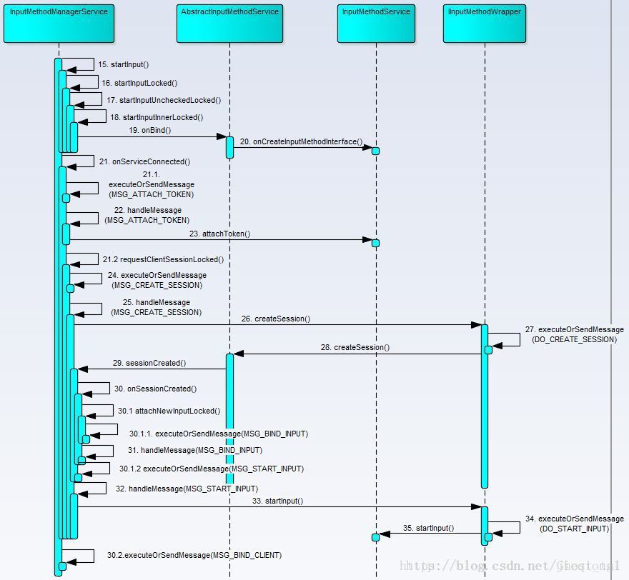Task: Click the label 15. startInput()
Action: point(124,65)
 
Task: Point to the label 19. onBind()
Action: point(150,131)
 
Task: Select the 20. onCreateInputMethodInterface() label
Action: point(301,142)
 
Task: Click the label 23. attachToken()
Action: point(219,234)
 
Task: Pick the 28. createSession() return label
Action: point(355,347)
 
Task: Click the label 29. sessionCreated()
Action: point(149,363)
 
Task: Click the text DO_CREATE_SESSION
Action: point(574,339)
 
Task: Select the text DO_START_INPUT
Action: point(574,529)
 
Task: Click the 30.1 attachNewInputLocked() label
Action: point(169,411)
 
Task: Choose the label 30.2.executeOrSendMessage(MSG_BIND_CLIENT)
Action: point(194,555)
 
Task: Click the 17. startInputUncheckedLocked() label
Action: point(164,100)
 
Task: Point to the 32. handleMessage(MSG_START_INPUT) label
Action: point(182,489)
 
